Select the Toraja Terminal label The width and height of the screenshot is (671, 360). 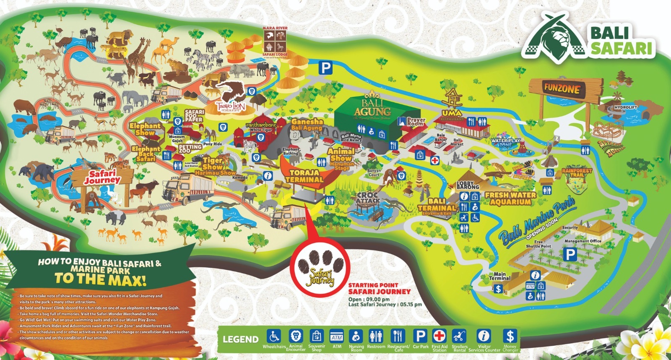[304, 176]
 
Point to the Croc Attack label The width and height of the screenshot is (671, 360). [367, 198]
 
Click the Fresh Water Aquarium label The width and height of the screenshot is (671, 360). [510, 198]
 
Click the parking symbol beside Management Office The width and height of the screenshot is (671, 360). [570, 254]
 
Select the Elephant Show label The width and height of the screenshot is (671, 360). [145, 129]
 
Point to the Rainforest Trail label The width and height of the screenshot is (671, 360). [577, 172]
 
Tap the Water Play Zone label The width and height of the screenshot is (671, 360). [506, 143]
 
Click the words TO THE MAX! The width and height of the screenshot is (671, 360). [101, 279]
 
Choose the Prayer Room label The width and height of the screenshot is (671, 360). [416, 122]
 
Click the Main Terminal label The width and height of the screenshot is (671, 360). [499, 276]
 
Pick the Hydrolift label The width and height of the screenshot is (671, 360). [625, 107]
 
